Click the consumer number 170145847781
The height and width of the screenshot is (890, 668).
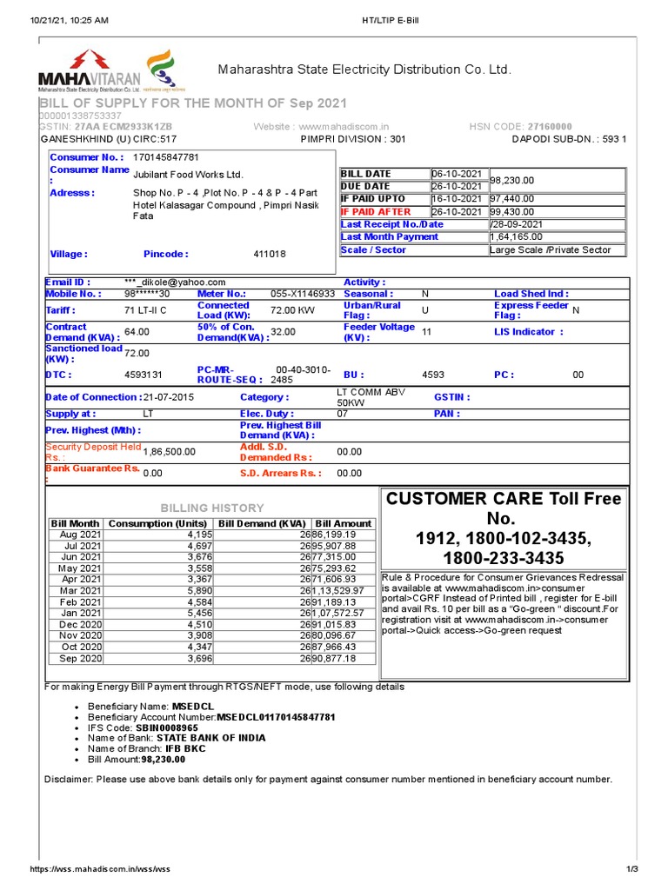[166, 157]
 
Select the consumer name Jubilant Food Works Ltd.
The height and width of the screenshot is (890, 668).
[188, 175]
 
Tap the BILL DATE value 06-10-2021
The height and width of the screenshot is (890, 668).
[459, 174]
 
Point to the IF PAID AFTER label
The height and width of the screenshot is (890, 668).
[376, 211]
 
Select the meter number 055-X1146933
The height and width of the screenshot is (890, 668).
[303, 294]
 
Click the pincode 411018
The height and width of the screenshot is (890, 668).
[270, 254]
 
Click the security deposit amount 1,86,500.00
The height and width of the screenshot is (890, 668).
[170, 452]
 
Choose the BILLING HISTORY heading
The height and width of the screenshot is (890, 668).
[213, 508]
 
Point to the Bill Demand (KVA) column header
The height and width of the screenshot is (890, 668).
[262, 523]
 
